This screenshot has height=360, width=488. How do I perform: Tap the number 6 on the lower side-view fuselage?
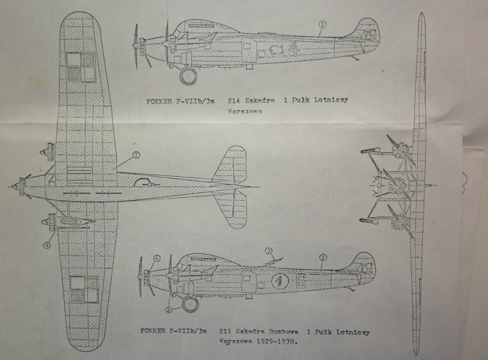pos(300,281)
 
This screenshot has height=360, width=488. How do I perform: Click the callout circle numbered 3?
pos(269,251)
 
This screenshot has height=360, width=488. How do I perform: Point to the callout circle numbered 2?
pos(168,309)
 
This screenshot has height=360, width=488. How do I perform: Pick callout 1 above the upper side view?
pos(323,23)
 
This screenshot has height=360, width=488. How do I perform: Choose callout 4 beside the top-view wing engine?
pos(47,246)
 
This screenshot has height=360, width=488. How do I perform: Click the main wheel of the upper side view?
pos(188,76)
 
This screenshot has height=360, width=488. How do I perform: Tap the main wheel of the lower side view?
pos(190,304)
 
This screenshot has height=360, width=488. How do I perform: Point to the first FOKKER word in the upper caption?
pos(159,101)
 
